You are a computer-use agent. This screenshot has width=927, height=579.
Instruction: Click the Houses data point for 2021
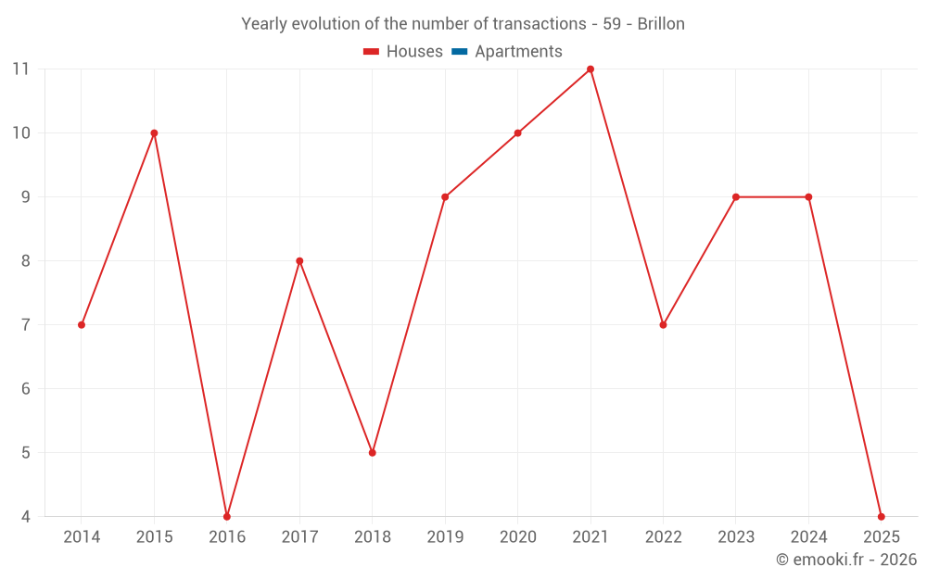(590, 69)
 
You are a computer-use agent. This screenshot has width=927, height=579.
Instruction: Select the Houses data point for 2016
(227, 516)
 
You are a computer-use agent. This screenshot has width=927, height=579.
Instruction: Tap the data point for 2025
(881, 516)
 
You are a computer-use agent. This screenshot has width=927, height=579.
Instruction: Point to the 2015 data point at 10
(154, 133)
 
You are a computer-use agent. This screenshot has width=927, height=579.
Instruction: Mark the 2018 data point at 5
(373, 452)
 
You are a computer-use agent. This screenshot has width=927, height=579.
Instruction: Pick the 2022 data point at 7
(663, 324)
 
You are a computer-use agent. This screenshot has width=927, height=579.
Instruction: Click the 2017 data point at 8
(299, 261)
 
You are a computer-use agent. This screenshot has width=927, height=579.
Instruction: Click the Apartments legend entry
(518, 52)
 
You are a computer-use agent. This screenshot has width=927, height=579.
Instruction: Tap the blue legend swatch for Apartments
(459, 52)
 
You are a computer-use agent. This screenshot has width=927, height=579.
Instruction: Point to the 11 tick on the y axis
(20, 69)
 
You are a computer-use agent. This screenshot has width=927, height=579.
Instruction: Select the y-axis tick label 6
(25, 389)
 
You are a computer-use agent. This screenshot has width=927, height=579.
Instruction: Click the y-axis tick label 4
(25, 517)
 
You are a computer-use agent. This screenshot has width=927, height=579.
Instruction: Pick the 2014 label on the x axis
(82, 537)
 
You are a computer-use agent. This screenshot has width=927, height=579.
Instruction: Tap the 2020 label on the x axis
(517, 537)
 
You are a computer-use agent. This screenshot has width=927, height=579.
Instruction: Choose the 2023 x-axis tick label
(736, 537)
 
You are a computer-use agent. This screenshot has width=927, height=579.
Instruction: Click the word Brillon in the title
(661, 24)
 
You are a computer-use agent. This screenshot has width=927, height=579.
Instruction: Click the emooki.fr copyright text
(846, 560)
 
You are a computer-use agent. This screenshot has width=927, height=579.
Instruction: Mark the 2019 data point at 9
(445, 197)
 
